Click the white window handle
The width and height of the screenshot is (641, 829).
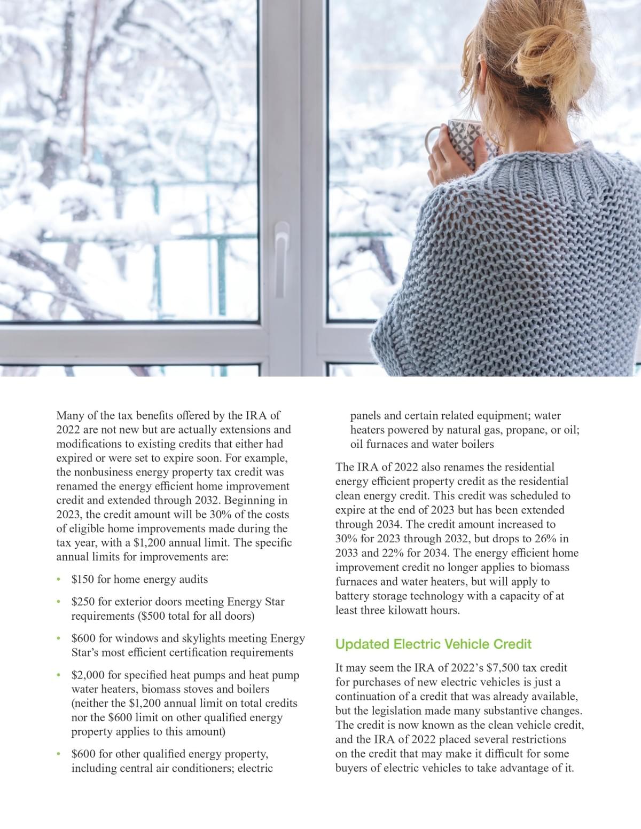280,248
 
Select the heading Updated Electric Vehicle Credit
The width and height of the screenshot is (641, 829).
433,644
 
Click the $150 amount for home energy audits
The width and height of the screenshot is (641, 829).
83,579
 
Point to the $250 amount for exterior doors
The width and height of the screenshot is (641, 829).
83,602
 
